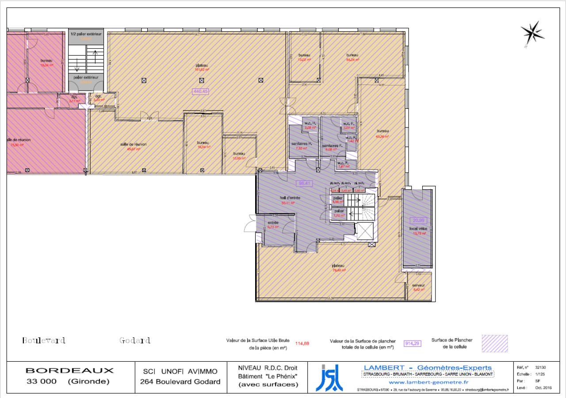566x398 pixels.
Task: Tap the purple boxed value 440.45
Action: (x=199, y=92)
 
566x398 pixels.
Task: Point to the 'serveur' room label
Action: (x=418, y=285)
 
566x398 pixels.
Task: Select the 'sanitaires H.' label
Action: (x=302, y=145)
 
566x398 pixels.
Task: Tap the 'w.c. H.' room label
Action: (x=309, y=123)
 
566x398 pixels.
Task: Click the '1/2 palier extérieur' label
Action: (x=86, y=34)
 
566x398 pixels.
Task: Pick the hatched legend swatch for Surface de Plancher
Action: (x=494, y=344)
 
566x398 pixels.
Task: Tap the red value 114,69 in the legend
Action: (x=302, y=343)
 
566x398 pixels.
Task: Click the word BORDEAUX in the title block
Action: (x=69, y=370)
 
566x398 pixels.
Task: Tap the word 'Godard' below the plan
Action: (x=135, y=341)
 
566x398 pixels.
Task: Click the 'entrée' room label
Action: (x=272, y=222)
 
